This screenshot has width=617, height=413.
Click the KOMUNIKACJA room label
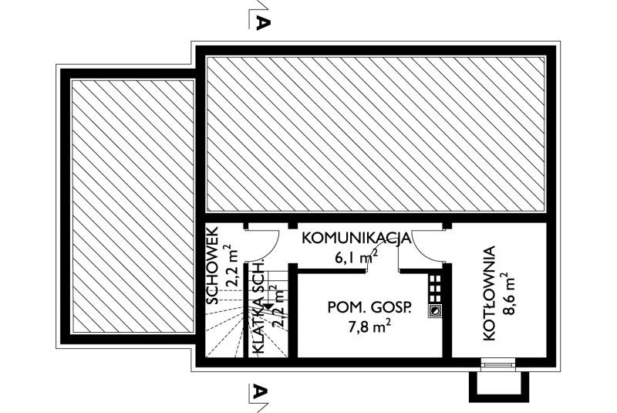pyautogui.click(x=356, y=239)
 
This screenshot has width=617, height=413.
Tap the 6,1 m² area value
pyautogui.click(x=356, y=257)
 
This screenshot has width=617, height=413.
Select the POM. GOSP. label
pyautogui.click(x=369, y=307)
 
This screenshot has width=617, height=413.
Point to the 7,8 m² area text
pyautogui.click(x=369, y=327)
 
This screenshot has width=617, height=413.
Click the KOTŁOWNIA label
pyautogui.click(x=489, y=293)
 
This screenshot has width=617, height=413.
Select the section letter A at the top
pyautogui.click(x=262, y=23)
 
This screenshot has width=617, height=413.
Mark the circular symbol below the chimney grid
pyautogui.click(x=434, y=311)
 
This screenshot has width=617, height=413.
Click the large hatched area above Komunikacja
pyautogui.click(x=376, y=134)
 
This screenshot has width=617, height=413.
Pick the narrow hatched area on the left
pyautogui.click(x=133, y=206)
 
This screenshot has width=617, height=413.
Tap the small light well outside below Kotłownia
pyautogui.click(x=498, y=387)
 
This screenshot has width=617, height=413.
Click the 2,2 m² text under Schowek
pyautogui.click(x=233, y=266)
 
